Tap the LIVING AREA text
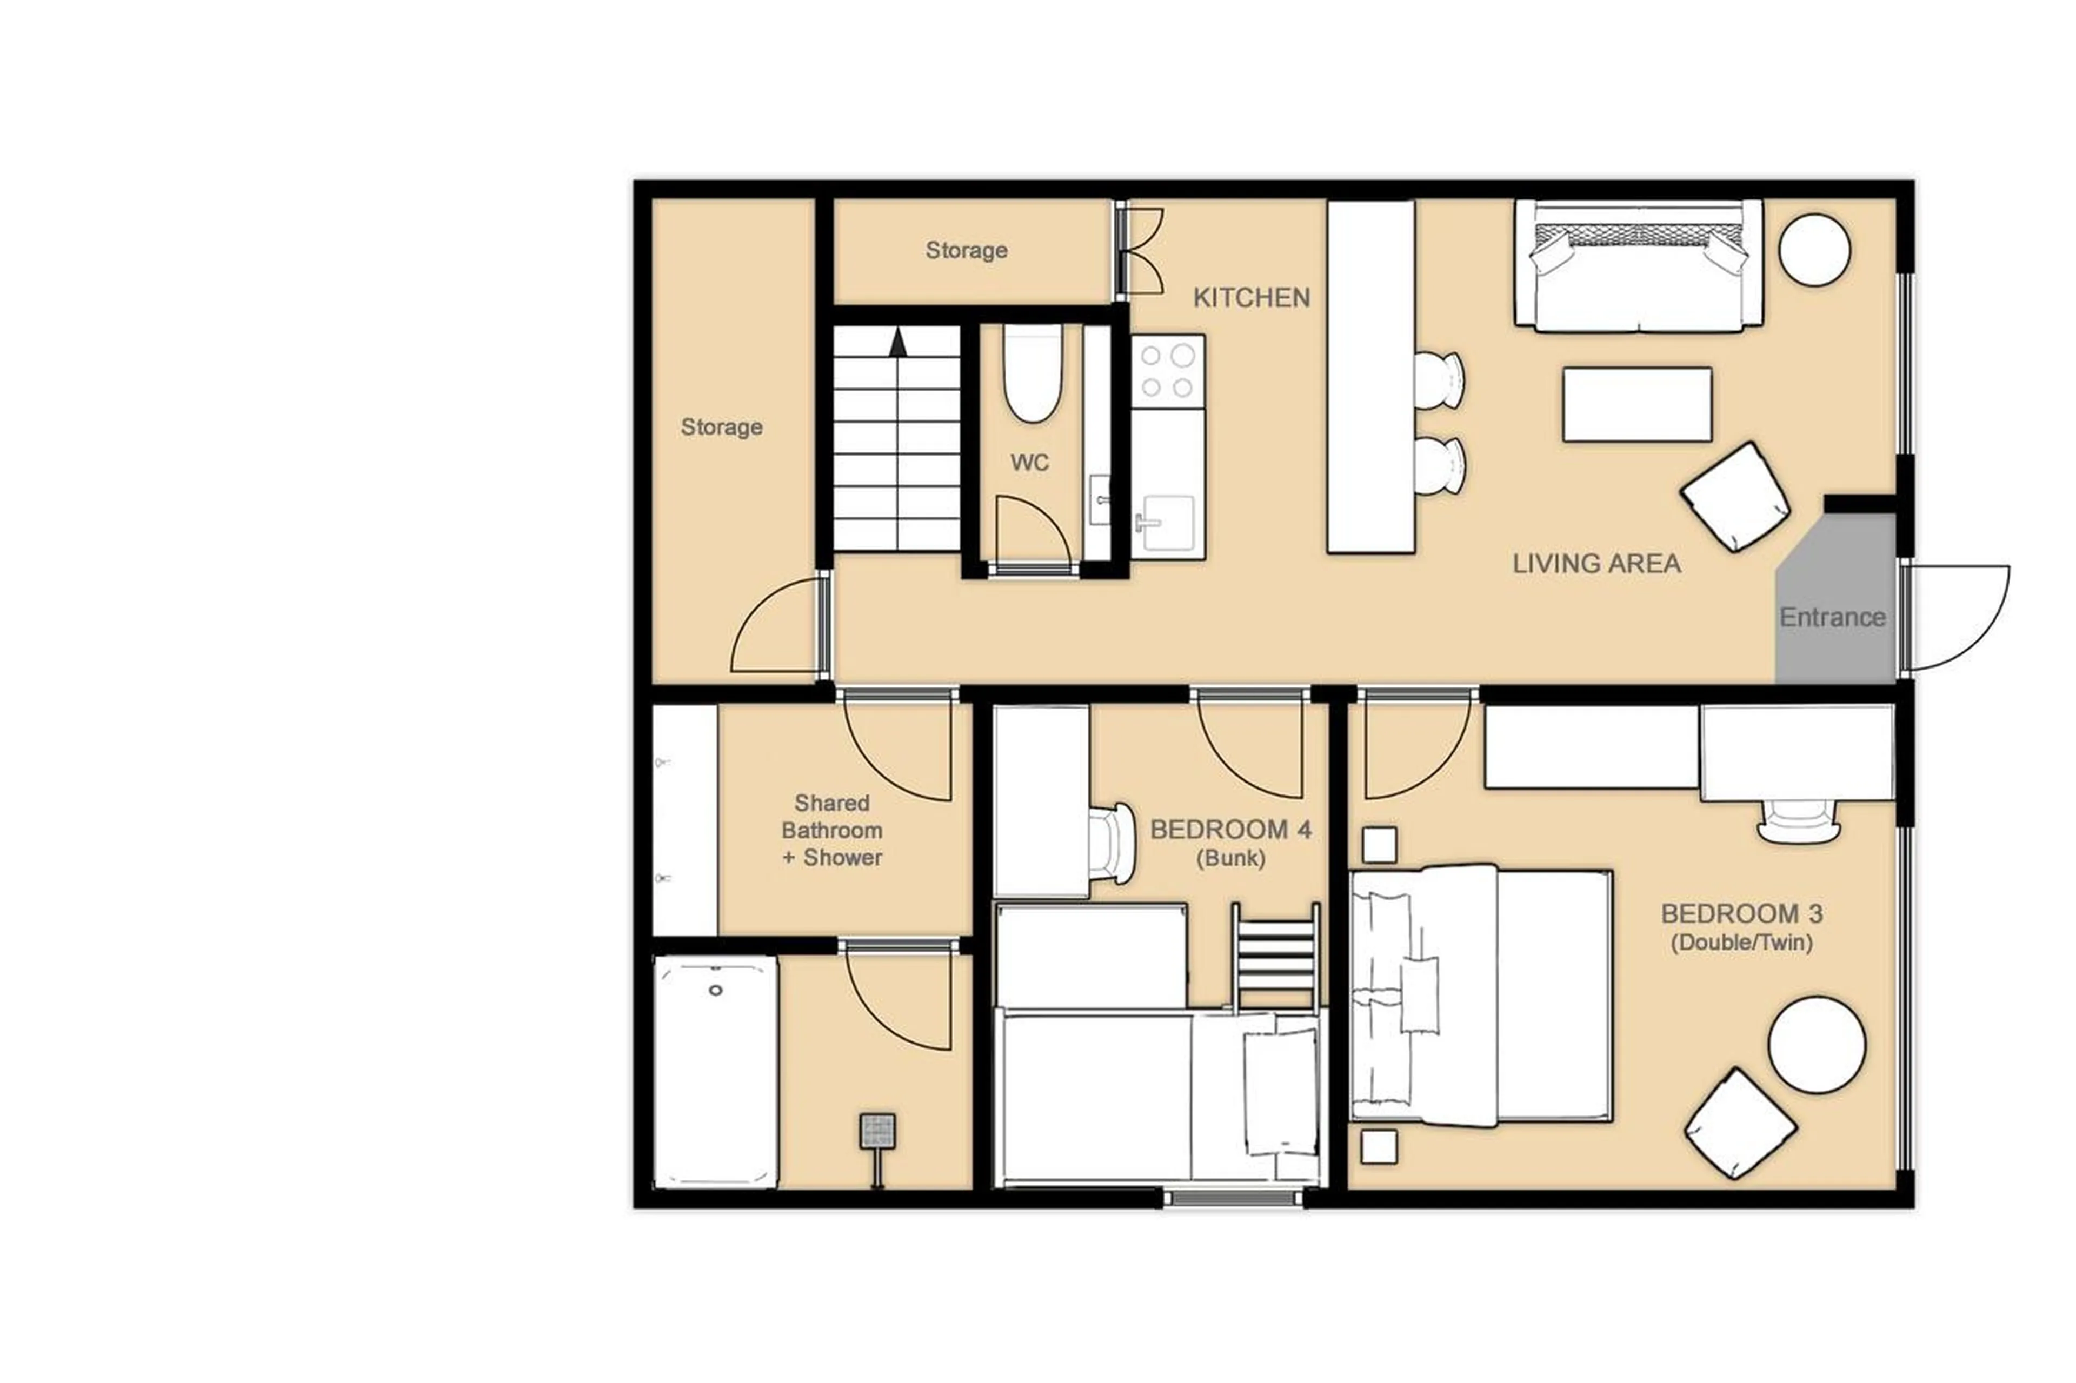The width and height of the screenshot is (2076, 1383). [1595, 564]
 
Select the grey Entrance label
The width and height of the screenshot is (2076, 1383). [1832, 617]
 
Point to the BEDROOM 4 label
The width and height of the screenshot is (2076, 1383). [1230, 830]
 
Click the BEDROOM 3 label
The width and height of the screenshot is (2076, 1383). [1741, 914]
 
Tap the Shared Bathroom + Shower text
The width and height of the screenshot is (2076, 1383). [831, 830]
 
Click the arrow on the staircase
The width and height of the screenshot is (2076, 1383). [897, 342]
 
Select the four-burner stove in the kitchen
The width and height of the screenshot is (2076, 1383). [1167, 370]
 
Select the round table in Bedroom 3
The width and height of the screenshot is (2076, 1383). [1816, 1044]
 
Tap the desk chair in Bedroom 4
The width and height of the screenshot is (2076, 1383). [1112, 843]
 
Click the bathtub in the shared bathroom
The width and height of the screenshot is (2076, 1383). [716, 1072]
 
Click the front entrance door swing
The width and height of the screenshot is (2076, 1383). [1954, 617]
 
